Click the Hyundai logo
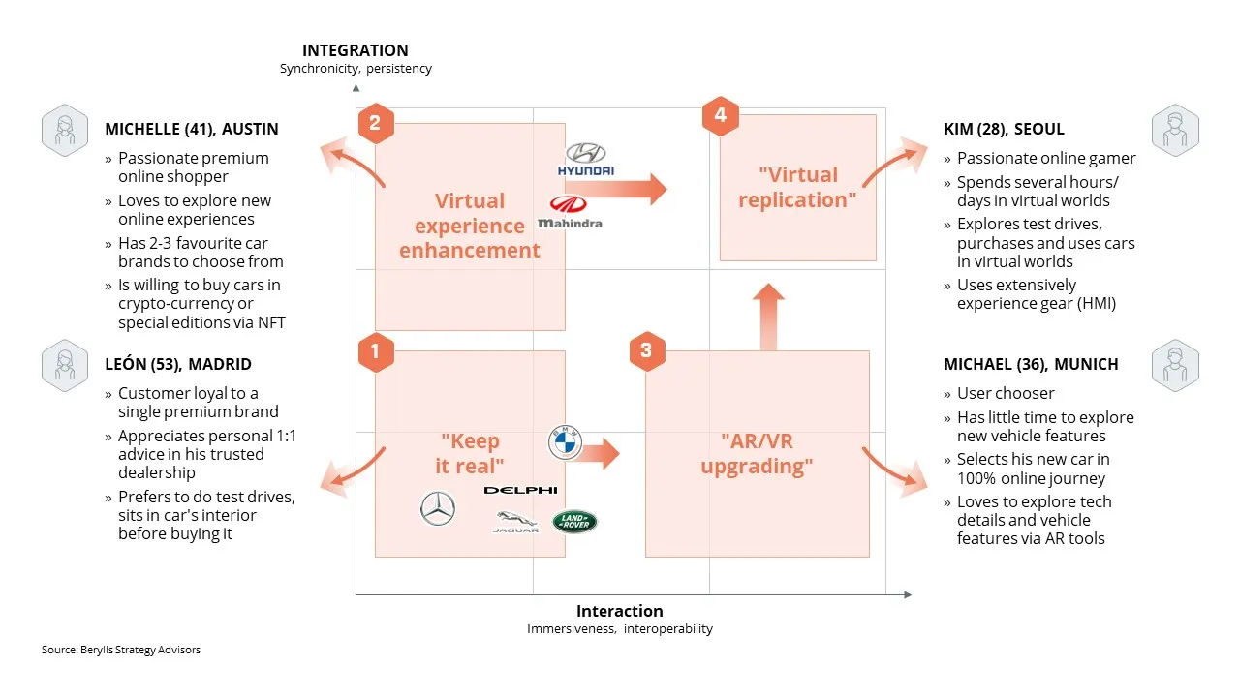[x=586, y=160]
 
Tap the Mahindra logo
[x=570, y=212]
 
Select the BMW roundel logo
[x=565, y=442]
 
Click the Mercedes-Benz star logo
[x=438, y=508]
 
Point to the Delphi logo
[x=520, y=490]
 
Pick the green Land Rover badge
[x=574, y=521]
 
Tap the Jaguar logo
[x=515, y=522]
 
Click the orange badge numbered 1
[x=376, y=351]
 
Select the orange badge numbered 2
[x=376, y=123]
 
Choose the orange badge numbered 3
[x=647, y=350]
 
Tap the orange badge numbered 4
[x=720, y=115]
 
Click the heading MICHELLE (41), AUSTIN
[x=192, y=129]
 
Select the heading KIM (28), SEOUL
[x=1004, y=129]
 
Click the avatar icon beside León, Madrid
[x=65, y=366]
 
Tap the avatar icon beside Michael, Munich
[x=1175, y=366]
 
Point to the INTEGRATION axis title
[x=356, y=50]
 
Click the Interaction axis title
[x=619, y=611]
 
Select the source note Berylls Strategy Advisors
[x=121, y=650]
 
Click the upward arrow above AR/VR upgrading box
[x=768, y=317]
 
